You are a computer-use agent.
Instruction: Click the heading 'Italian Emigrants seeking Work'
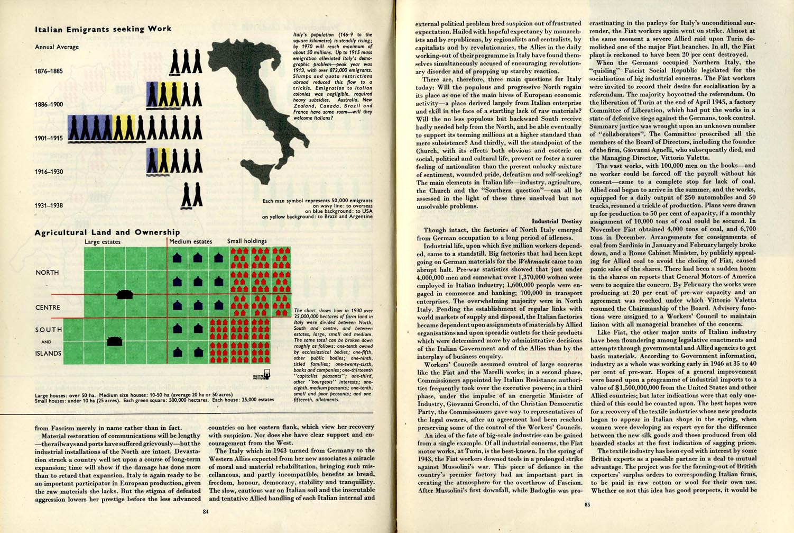(x=103, y=29)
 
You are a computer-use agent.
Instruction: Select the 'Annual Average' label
(x=57, y=47)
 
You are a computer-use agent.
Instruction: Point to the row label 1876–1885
(x=49, y=71)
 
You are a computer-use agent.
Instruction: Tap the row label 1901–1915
(x=49, y=139)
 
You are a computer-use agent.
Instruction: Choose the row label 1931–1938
(x=49, y=205)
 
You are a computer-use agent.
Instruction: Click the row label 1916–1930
(x=49, y=172)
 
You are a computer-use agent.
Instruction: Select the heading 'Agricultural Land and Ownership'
(x=107, y=232)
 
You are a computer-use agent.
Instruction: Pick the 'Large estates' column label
(x=103, y=242)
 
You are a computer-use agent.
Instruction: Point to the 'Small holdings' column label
(x=247, y=241)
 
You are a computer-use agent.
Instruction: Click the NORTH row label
(x=47, y=273)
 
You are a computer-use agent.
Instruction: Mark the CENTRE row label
(x=48, y=308)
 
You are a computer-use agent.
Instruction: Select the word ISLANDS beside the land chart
(x=48, y=354)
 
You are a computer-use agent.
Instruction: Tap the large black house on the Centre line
(x=125, y=294)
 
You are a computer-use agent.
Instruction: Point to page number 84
(x=206, y=512)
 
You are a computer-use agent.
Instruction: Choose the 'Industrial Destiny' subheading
(x=557, y=221)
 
